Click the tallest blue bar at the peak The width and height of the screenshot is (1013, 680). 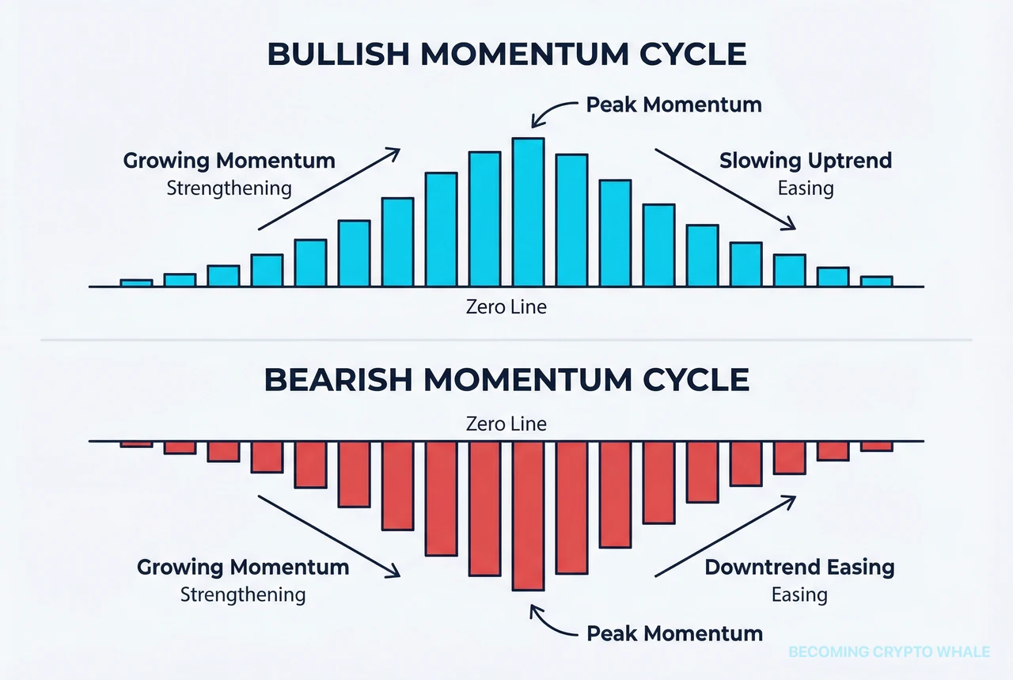coord(528,212)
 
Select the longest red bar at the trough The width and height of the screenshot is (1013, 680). coord(528,515)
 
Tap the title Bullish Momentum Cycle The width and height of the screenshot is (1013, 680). coord(506,54)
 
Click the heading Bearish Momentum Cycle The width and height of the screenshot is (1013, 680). coord(506,380)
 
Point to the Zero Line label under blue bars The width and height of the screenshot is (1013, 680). coord(506,306)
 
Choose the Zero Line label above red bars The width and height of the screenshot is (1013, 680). coord(506,424)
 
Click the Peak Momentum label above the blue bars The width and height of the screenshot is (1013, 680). coord(673,104)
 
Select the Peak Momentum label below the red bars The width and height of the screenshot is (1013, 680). coord(674,633)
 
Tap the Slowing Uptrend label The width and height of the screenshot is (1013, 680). coord(805,161)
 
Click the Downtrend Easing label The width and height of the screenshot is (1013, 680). coord(799,567)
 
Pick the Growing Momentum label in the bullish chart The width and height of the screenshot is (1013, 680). coord(229,161)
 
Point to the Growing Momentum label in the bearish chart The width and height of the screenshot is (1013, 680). coord(243,567)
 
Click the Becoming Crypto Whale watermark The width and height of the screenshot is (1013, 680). coord(889,652)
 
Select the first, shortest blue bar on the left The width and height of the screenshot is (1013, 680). coord(136,283)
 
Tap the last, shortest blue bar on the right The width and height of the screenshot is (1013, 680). coord(876,281)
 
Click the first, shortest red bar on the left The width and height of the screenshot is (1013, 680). coord(136,444)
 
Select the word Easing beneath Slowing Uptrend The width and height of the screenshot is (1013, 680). coord(805,188)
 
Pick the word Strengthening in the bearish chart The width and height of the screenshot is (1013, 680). coord(243,595)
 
